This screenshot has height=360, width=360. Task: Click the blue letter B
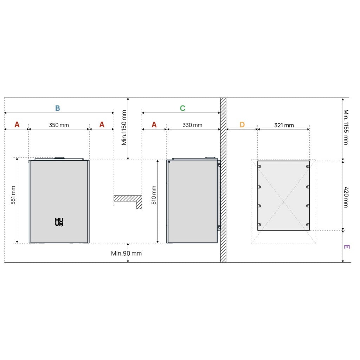[57, 108]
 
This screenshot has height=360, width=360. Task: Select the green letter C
[182, 108]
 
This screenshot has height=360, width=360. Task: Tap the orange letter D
[242, 125]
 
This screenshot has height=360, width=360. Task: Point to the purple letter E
[347, 247]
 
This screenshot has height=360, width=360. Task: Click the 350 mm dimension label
[59, 125]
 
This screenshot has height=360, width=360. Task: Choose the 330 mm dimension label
[192, 125]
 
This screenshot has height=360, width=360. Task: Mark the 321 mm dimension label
[284, 126]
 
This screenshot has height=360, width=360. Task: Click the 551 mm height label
[13, 195]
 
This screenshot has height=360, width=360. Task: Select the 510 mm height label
[154, 195]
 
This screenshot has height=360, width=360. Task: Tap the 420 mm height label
[346, 197]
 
